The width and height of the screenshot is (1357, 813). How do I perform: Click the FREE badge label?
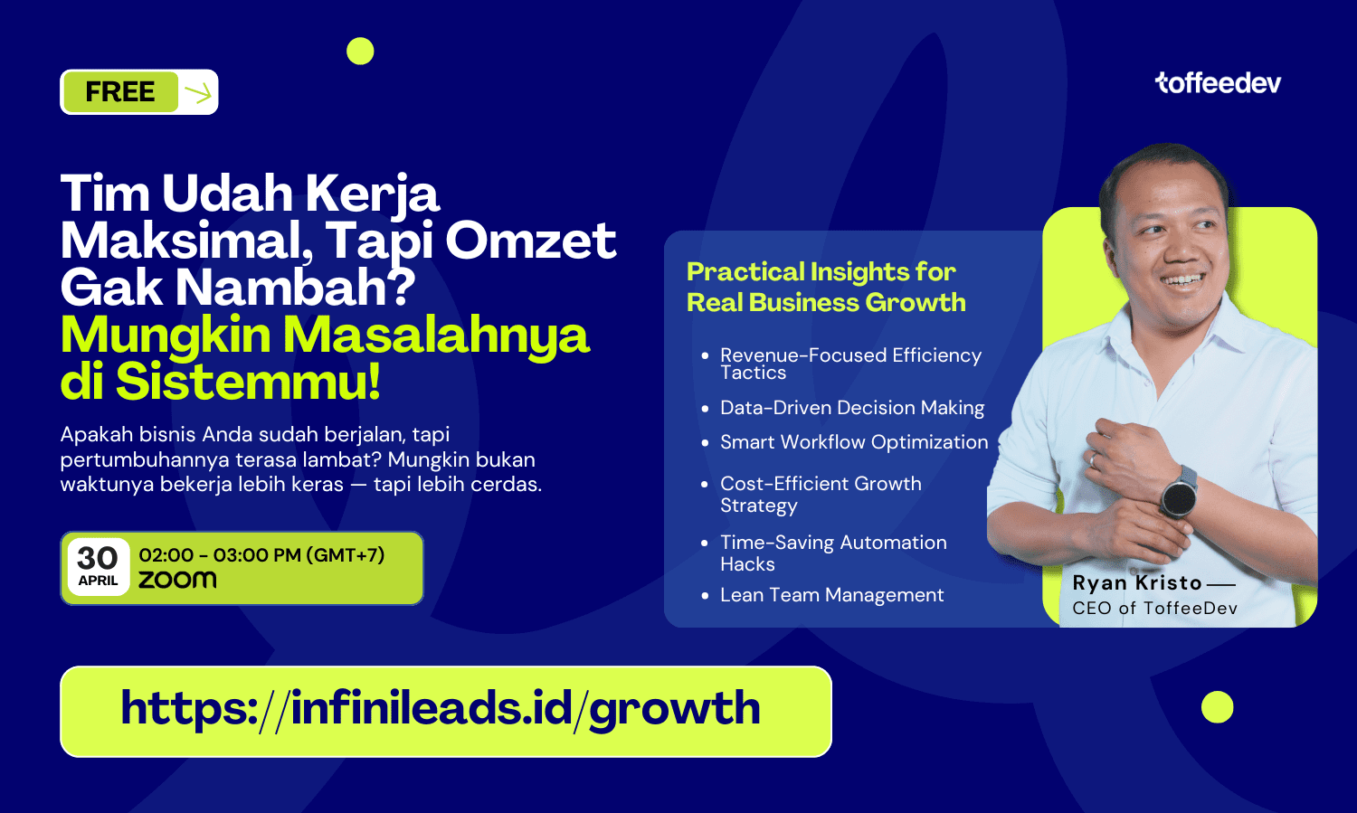(x=120, y=92)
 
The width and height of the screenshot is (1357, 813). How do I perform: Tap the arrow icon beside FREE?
(x=198, y=93)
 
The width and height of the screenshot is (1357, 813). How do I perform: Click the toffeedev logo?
(x=1218, y=83)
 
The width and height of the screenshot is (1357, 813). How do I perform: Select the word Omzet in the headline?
(x=531, y=241)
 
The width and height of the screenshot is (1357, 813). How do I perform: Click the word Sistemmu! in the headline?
(x=248, y=382)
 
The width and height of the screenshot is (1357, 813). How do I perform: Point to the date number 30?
(x=98, y=558)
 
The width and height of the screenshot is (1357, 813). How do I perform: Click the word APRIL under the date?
(x=98, y=581)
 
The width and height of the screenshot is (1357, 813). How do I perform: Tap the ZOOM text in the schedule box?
(x=177, y=580)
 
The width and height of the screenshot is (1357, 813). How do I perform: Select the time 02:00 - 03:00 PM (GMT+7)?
(x=261, y=554)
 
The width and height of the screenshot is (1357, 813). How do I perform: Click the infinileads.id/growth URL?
(x=441, y=708)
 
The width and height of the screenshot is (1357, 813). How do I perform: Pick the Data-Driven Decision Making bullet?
(x=852, y=408)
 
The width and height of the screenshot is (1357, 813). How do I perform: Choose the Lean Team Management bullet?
(x=831, y=595)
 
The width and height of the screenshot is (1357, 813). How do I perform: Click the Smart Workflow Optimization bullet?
(x=854, y=442)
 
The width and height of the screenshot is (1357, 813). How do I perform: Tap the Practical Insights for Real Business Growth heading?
(x=826, y=288)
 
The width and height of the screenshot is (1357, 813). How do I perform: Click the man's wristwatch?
(x=1179, y=492)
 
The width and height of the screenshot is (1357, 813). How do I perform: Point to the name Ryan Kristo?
(x=1136, y=583)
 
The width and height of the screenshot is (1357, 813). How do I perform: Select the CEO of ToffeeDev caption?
(x=1154, y=608)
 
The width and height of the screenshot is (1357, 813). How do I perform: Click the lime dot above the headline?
(x=360, y=51)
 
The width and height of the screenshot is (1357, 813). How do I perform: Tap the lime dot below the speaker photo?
(x=1217, y=707)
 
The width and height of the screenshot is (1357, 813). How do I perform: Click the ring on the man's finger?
(x=1094, y=459)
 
